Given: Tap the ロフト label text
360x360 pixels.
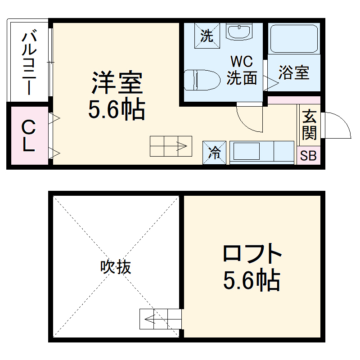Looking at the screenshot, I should pyautogui.click(x=252, y=254).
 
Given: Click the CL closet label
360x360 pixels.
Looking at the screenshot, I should pyautogui.click(x=28, y=135).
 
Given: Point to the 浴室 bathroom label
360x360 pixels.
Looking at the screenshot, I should pyautogui.click(x=293, y=72).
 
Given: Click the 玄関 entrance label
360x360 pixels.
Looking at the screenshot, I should pyautogui.click(x=309, y=124).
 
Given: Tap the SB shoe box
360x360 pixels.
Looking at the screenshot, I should pyautogui.click(x=309, y=156).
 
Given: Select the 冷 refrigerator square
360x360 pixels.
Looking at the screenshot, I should pyautogui.click(x=214, y=153).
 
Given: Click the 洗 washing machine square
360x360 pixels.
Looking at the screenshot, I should pyautogui.click(x=207, y=35).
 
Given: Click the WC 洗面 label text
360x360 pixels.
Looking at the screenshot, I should pyautogui.click(x=242, y=70).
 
